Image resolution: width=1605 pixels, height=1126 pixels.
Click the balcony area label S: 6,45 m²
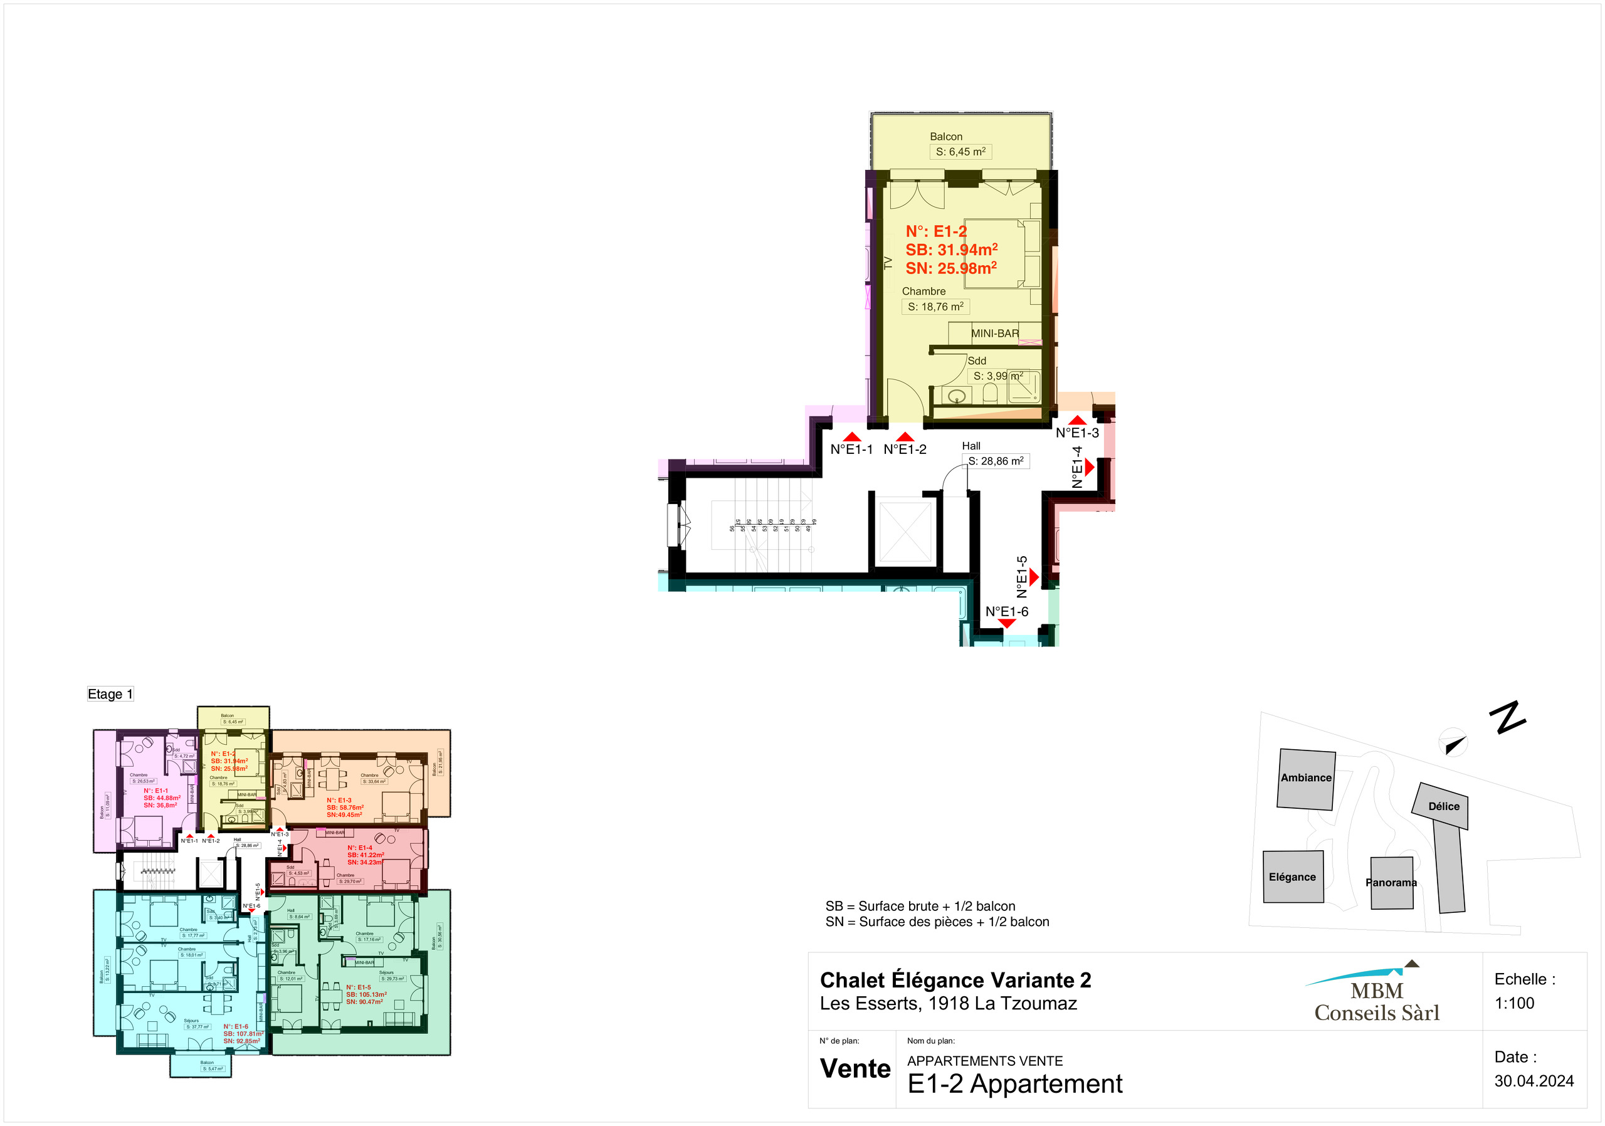tap(960, 152)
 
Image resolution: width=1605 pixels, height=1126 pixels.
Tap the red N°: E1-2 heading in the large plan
tap(936, 231)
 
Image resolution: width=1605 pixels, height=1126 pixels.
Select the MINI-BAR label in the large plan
tap(995, 334)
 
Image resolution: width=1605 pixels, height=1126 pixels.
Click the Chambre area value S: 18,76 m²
tap(935, 306)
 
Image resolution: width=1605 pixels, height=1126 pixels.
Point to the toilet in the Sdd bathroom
tap(989, 394)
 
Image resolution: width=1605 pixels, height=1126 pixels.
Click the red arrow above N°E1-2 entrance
tap(905, 437)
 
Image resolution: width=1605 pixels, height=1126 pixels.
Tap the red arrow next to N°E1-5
tap(1034, 577)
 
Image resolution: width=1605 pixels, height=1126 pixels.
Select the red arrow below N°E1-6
tap(1007, 623)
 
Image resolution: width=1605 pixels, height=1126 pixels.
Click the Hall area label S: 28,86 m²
tap(996, 461)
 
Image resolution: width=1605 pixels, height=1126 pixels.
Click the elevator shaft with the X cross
tap(905, 532)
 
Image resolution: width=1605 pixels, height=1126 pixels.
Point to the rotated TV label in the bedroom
tap(888, 263)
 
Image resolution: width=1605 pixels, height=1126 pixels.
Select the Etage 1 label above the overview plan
tap(110, 694)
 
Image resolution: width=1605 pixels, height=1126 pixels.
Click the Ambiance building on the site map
tap(1306, 779)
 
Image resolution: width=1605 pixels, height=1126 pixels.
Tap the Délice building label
tap(1443, 806)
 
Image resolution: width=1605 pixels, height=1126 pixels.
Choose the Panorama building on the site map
tap(1391, 883)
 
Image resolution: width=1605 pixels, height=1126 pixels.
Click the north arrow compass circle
tap(1453, 743)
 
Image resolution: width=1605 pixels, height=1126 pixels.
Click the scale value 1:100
tap(1514, 1003)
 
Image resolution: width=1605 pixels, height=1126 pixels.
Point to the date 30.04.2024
tap(1534, 1081)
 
